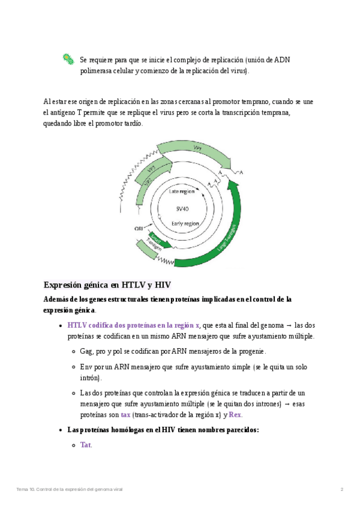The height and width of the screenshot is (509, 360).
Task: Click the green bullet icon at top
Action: point(68,59)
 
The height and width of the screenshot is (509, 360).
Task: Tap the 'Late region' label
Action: point(181,191)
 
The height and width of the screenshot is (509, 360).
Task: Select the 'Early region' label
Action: point(185,223)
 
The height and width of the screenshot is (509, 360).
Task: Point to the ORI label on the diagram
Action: point(139,229)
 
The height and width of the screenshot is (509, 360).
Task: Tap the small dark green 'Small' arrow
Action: point(155,235)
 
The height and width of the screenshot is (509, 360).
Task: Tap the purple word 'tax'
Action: point(125,415)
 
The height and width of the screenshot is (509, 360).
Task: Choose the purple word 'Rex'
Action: point(235,415)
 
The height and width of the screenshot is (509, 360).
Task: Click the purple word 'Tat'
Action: point(86,445)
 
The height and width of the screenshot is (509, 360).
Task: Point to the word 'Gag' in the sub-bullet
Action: point(87,351)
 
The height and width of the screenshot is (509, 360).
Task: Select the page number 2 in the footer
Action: point(341,490)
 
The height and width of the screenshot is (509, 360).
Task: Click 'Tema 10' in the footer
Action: point(25,490)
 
